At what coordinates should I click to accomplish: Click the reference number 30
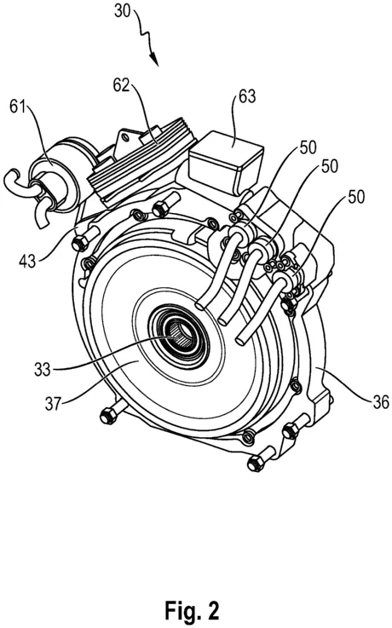123,10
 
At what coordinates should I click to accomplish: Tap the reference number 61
17,108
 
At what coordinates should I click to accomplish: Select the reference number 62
121,85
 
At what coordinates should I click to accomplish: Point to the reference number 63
247,96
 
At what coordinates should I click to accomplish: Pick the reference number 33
43,368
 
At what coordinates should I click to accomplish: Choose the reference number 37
53,403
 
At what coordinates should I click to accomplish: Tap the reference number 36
380,401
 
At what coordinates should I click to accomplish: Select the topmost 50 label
307,147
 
